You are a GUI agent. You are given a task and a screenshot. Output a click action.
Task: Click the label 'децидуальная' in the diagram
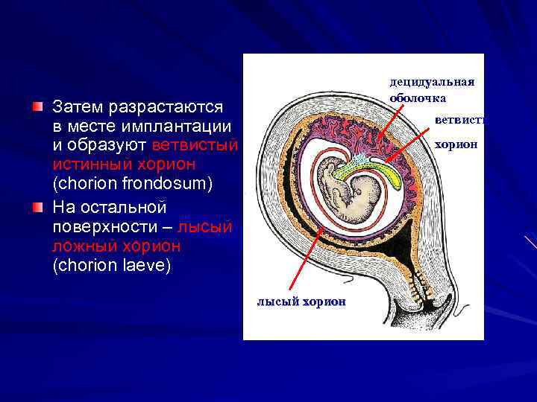click(x=432, y=83)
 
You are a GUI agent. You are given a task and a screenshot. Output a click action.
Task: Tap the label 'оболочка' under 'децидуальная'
click(x=418, y=98)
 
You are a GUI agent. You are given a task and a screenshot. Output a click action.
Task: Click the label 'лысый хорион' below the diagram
click(x=301, y=301)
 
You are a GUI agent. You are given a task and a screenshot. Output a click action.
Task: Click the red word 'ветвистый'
click(x=194, y=144)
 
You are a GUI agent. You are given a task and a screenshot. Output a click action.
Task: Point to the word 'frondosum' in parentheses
click(x=139, y=182)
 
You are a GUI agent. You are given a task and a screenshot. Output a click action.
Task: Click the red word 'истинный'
click(x=91, y=163)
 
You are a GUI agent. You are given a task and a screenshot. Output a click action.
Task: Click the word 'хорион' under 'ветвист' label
click(x=456, y=144)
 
